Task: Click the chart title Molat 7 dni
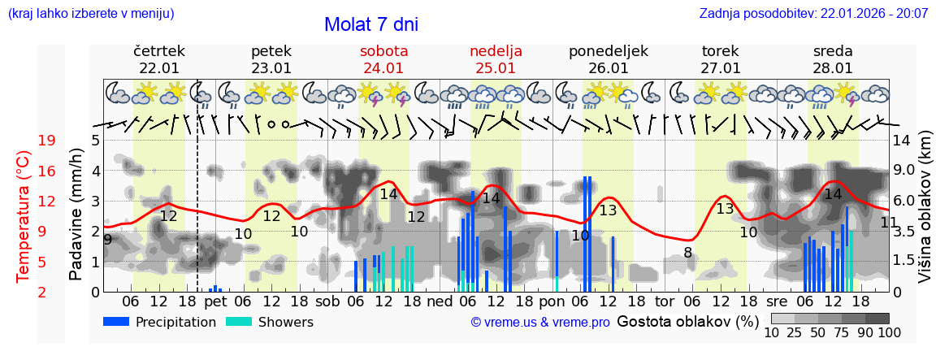(370, 24)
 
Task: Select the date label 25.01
(496, 68)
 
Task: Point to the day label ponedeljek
(608, 51)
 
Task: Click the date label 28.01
(833, 68)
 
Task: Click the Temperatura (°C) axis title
(24, 216)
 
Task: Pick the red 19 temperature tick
(46, 141)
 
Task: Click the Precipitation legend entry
(159, 322)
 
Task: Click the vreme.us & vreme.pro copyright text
(540, 322)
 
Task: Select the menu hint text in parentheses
(91, 14)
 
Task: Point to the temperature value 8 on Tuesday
(687, 253)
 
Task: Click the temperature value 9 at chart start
(108, 239)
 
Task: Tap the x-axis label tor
(665, 301)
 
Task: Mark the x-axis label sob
(328, 301)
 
